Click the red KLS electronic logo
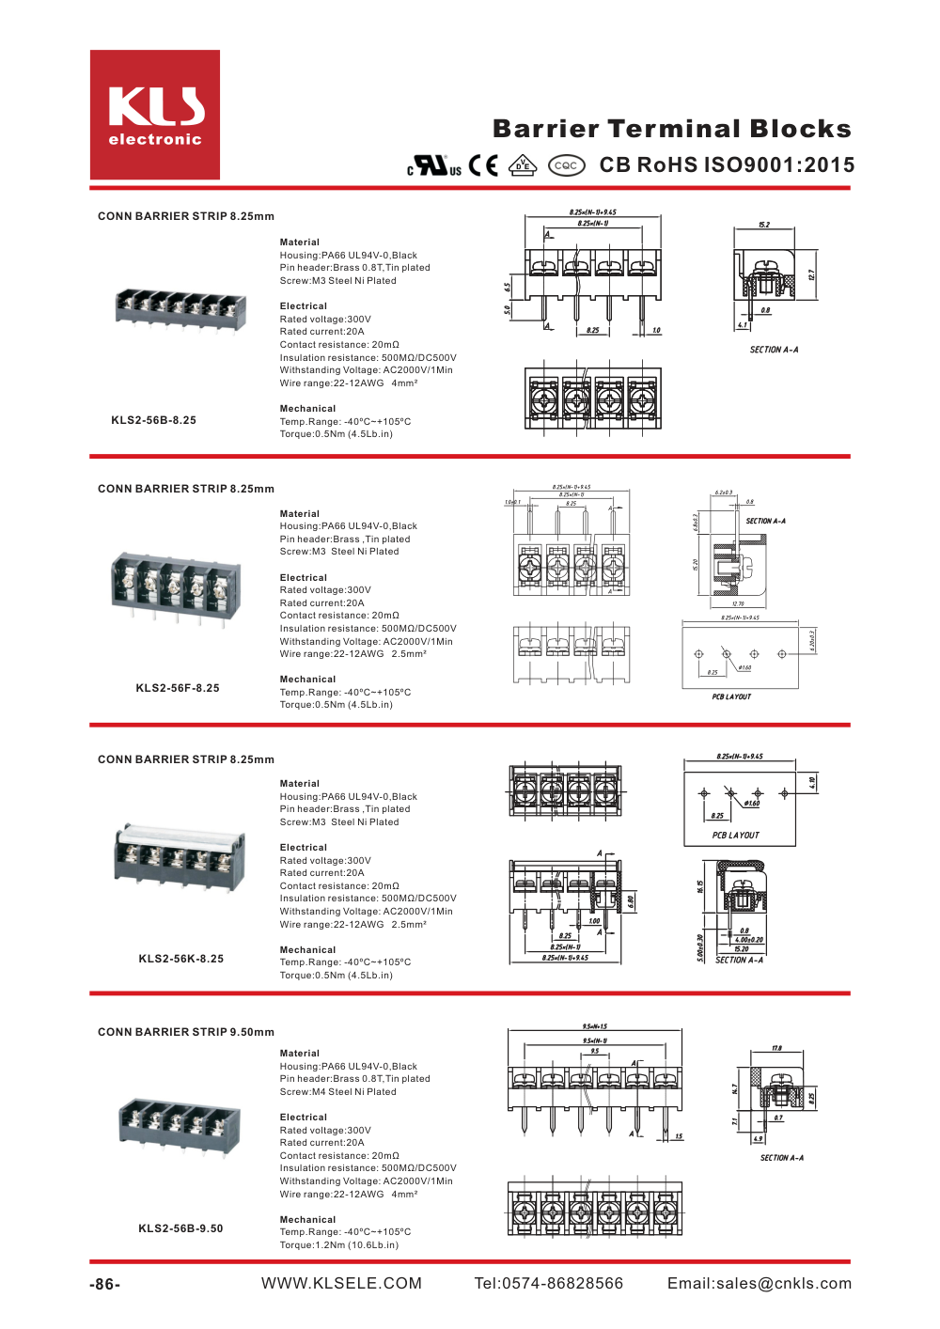[155, 115]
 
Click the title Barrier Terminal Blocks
[671, 129]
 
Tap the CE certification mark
[483, 165]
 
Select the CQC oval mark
[566, 165]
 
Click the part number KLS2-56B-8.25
[153, 420]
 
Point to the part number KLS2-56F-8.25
[177, 688]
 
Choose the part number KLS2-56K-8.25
[180, 959]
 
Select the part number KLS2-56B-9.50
[180, 1228]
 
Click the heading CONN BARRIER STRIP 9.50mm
[186, 1032]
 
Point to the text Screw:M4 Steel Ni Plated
[337, 1092]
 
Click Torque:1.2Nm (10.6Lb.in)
[338, 1245]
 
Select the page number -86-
[105, 1285]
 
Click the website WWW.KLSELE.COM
[341, 1284]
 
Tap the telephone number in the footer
[548, 1284]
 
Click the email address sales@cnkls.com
[759, 1284]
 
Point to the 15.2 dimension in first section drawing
[764, 225]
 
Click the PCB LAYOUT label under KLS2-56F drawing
[731, 697]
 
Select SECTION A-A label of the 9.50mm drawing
[781, 1158]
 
